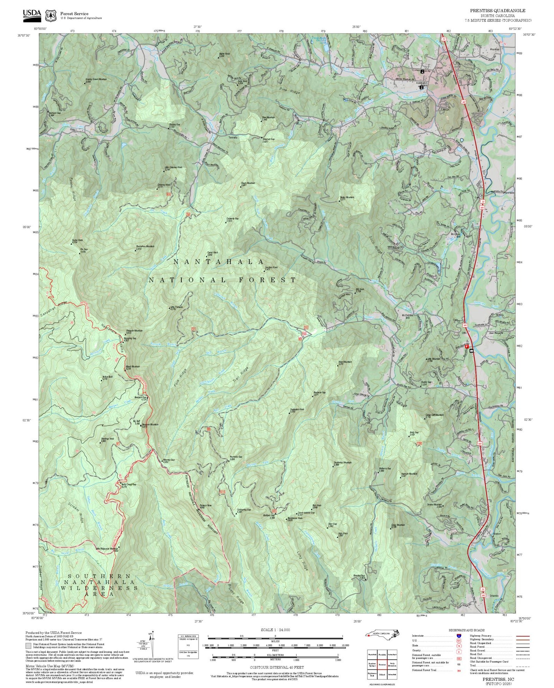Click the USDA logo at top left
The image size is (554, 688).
(x=32, y=14)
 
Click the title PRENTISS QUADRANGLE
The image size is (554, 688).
(x=498, y=11)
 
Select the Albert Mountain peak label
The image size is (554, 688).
(x=133, y=367)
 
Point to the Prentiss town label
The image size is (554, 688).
(x=495, y=49)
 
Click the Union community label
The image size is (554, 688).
(x=439, y=68)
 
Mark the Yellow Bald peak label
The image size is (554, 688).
(x=107, y=377)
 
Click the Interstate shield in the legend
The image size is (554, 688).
(x=459, y=636)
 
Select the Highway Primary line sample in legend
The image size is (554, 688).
(x=522, y=636)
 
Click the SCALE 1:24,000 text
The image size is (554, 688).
(x=275, y=630)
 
